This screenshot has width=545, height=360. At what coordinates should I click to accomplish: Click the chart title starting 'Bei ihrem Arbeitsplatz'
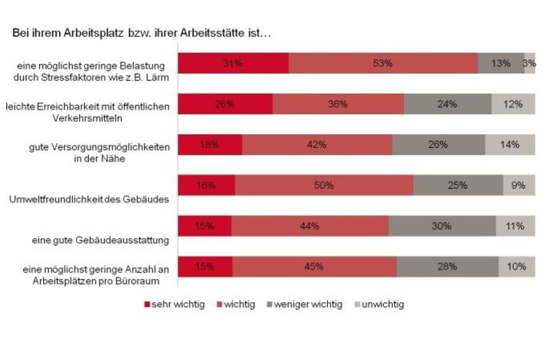pos(142,32)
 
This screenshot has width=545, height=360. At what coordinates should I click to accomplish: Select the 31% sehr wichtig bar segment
pos(233,63)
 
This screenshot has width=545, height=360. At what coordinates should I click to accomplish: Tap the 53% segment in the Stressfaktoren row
pos(383,63)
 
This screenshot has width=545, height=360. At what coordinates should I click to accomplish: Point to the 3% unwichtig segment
pos(530,63)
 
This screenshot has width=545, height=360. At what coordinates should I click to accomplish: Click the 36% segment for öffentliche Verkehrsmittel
pos(338,104)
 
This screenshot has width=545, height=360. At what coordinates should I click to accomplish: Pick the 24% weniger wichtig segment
pos(447,104)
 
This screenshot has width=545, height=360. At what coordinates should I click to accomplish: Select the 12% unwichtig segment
pos(513,104)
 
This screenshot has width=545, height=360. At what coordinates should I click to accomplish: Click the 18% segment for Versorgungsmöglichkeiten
pos(209,145)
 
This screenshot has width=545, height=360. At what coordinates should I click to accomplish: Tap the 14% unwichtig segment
pos(510,145)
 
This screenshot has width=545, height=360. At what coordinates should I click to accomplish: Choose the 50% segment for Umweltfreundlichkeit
pos(324,185)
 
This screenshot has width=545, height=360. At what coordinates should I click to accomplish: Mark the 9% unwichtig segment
pos(518,185)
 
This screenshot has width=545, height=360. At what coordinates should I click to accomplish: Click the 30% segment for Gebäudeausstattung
pos(442,226)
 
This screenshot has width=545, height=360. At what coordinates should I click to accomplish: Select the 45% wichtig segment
pos(314,266)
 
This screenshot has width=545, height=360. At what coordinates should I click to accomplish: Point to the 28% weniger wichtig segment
pos(447,266)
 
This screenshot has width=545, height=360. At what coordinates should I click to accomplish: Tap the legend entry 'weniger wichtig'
pos(304,305)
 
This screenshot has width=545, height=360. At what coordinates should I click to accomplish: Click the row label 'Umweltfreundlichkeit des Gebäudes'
pos(88,199)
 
